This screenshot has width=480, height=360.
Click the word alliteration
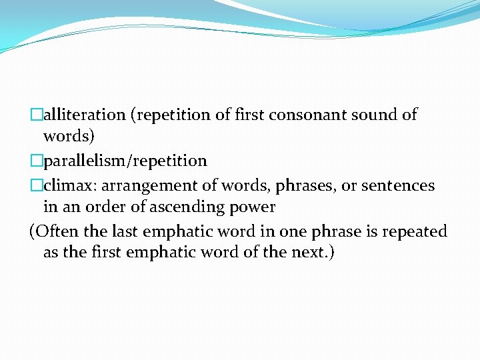[x=85, y=115]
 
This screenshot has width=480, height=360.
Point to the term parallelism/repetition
[x=125, y=161]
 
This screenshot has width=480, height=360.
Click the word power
[x=253, y=207]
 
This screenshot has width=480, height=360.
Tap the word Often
[x=58, y=231]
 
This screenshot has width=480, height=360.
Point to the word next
[x=307, y=253]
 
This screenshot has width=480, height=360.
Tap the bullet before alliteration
[x=37, y=115]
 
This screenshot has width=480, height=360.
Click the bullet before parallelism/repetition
[x=37, y=161]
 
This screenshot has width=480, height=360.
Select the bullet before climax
[x=37, y=185]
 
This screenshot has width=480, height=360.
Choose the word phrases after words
[x=285, y=185]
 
